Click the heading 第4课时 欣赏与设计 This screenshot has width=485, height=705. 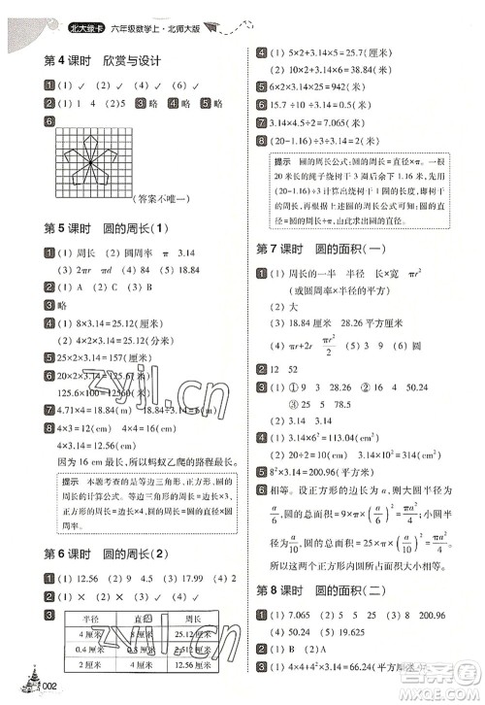[101, 61]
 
